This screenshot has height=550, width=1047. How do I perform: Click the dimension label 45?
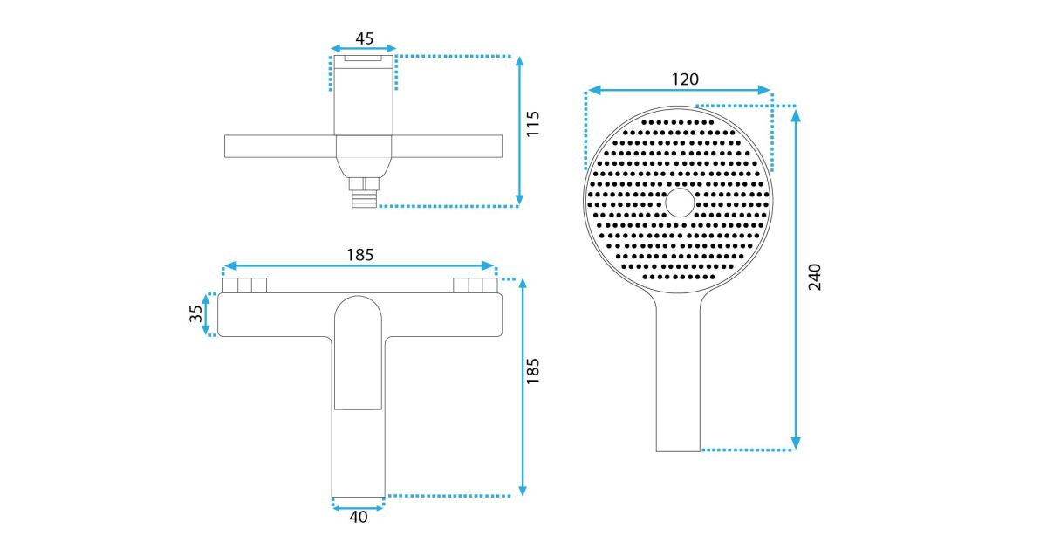pos(365,38)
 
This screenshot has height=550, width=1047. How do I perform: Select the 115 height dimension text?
pos(533,124)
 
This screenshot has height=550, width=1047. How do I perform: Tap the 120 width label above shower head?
pos(685,79)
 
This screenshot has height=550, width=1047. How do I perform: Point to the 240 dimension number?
pos(815,277)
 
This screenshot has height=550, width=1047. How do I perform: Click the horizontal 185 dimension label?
pos(359,255)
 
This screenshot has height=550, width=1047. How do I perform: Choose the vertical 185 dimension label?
pos(533,371)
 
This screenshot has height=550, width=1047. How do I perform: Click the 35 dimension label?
pos(195,313)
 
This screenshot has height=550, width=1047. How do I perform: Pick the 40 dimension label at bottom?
pos(359,517)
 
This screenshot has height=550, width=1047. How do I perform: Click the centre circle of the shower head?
pos(680,203)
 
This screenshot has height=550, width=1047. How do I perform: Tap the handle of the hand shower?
pos(678,375)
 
